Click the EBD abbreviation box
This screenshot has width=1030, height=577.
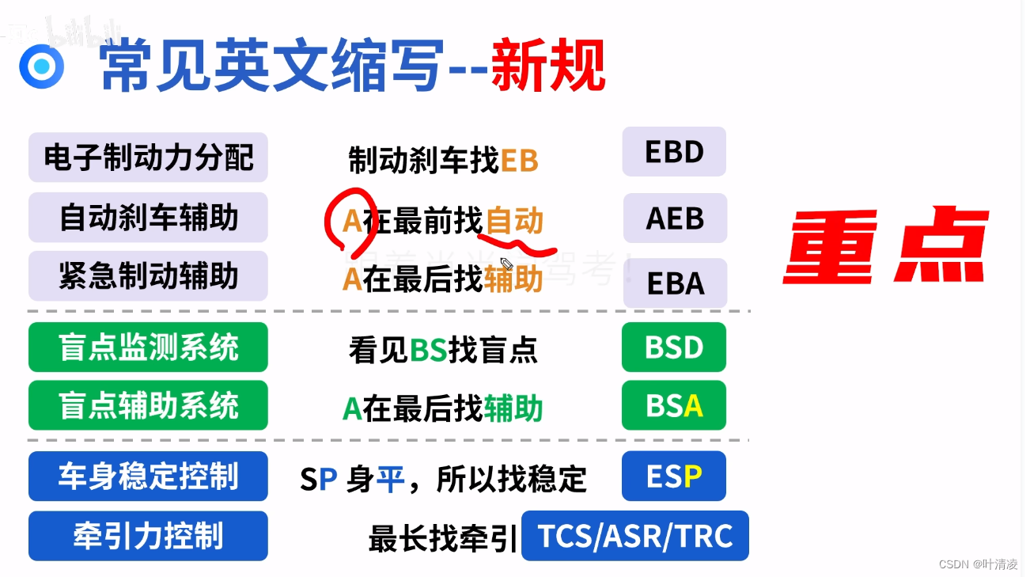pyautogui.click(x=674, y=152)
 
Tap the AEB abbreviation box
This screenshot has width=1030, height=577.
pyautogui.click(x=675, y=218)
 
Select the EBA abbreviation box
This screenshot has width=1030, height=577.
pyautogui.click(x=675, y=283)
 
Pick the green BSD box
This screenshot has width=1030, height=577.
pyautogui.click(x=674, y=347)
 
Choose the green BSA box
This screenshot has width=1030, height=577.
pyautogui.click(x=674, y=406)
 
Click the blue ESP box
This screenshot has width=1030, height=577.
pyautogui.click(x=674, y=476)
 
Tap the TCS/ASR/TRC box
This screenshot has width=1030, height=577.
pyautogui.click(x=635, y=536)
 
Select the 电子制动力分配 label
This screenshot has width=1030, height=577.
pyautogui.click(x=148, y=158)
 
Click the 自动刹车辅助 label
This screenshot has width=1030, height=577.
pyautogui.click(x=148, y=218)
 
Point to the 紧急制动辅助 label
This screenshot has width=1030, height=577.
pyautogui.click(x=148, y=276)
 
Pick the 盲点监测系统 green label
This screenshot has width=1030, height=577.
pyautogui.click(x=148, y=347)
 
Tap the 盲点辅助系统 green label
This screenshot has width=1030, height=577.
pyautogui.click(x=148, y=406)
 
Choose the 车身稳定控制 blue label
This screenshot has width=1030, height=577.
pyautogui.click(x=148, y=476)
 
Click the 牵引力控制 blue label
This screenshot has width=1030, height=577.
pyautogui.click(x=148, y=536)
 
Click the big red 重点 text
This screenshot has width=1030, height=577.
pyautogui.click(x=886, y=247)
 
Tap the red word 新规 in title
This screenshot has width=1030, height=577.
pyautogui.click(x=547, y=66)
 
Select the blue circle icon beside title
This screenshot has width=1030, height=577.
pyautogui.click(x=41, y=66)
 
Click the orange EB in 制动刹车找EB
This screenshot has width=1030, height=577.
pyautogui.click(x=519, y=161)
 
